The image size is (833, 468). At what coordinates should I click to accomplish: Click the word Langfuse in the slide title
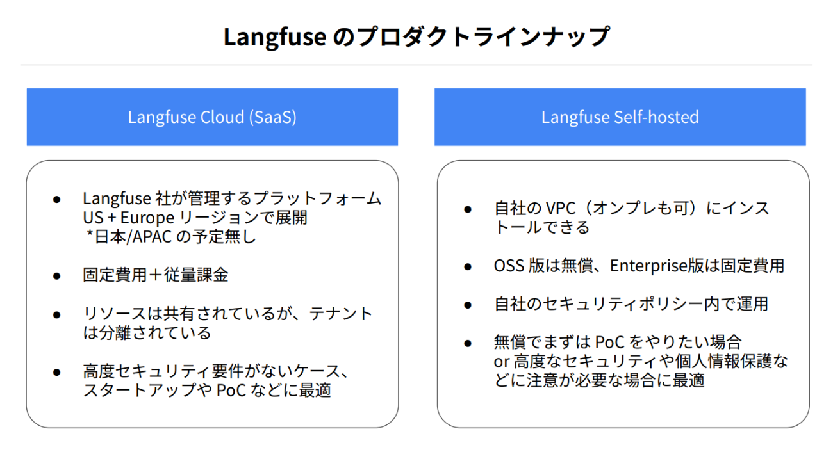[x=275, y=38]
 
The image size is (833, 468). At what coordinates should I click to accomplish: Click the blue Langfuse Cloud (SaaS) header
[x=212, y=117]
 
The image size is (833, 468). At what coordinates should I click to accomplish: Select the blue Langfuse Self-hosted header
[x=620, y=117]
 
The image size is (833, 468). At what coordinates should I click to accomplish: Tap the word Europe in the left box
[x=147, y=218]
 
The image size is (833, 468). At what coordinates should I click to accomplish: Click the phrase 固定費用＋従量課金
[x=156, y=275]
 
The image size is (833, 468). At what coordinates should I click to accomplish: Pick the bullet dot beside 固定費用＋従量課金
[x=57, y=276]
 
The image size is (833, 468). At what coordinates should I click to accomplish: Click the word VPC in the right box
[x=561, y=208]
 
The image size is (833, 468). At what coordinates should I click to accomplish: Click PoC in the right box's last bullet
[x=610, y=342]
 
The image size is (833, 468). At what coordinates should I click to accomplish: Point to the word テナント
[x=341, y=314]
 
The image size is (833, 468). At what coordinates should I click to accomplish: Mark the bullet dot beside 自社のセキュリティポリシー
[x=468, y=305]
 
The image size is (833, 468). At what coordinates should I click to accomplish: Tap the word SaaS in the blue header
[x=273, y=117]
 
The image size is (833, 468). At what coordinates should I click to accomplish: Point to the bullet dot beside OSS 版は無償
[x=468, y=267]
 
